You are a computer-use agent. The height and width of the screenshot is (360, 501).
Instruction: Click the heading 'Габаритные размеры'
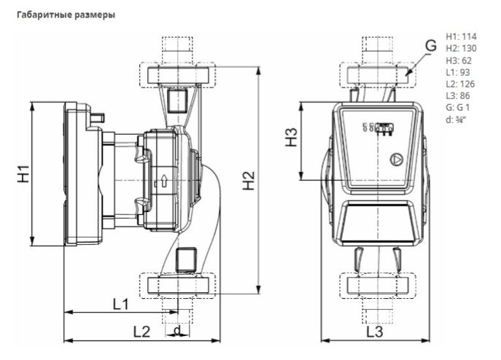click(66, 15)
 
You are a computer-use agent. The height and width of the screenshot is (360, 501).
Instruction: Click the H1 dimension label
click(23, 173)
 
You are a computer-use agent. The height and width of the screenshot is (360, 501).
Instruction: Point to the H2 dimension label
click(248, 181)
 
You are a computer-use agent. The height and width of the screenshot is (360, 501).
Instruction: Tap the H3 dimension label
click(291, 137)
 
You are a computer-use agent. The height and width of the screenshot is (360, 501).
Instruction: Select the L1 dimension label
click(121, 304)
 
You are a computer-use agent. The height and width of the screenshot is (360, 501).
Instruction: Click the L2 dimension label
click(141, 332)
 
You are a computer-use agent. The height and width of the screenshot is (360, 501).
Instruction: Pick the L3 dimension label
click(374, 332)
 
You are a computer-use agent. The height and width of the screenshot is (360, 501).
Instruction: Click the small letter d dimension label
click(177, 330)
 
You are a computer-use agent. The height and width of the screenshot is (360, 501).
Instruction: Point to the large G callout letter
click(431, 45)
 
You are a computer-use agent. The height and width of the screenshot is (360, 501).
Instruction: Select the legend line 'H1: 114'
click(461, 36)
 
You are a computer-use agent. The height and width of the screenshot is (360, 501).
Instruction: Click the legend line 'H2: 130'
click(461, 48)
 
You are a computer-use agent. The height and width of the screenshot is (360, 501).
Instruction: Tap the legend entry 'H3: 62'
click(459, 60)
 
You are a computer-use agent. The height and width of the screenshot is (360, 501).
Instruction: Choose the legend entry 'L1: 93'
click(458, 72)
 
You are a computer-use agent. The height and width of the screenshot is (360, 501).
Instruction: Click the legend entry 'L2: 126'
click(460, 84)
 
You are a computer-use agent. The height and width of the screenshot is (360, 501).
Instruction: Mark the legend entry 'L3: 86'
click(458, 95)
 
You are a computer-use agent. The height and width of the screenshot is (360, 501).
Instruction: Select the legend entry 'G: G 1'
click(458, 107)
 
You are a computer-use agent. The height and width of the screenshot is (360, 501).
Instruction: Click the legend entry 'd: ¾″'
click(456, 120)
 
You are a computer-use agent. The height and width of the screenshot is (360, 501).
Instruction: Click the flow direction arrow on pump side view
click(165, 181)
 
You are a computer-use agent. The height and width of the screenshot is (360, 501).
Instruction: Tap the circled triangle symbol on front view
click(397, 160)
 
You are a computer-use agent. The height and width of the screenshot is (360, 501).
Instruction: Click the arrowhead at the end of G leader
click(407, 74)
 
